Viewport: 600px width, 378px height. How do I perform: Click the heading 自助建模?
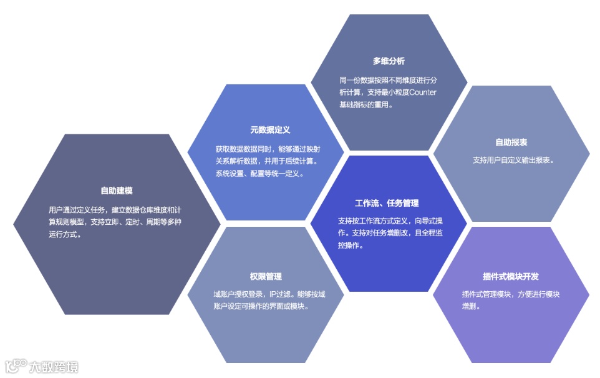point(117,191)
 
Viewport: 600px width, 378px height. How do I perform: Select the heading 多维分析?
point(389,61)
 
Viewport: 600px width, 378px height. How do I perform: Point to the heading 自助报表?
point(511,142)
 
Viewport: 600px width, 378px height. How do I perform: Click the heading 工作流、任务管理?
point(387,203)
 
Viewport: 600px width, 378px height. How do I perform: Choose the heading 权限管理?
point(266,276)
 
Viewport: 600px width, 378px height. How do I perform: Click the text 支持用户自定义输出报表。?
point(514,160)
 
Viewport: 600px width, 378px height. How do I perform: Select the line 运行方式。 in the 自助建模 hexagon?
point(65,235)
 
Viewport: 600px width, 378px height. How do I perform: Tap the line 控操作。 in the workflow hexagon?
point(351,246)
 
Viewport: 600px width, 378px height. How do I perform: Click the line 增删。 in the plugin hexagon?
point(471,307)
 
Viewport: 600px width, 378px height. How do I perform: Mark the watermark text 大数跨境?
point(54,366)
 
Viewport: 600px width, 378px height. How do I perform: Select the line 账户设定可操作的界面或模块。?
point(261,306)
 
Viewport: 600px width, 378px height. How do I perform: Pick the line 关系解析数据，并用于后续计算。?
point(266,161)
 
